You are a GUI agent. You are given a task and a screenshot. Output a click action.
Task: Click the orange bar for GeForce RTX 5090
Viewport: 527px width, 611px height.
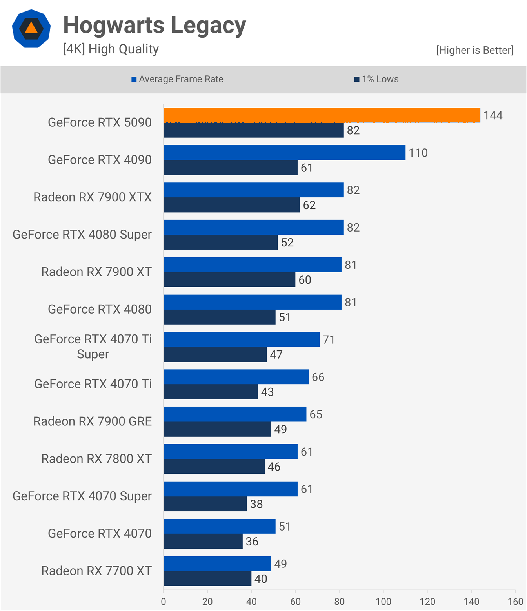click(x=322, y=115)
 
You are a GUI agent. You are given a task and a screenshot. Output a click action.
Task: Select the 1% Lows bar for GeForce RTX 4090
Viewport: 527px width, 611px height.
click(x=231, y=168)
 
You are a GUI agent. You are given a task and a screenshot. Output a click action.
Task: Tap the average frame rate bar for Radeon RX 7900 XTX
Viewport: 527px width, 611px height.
click(x=254, y=190)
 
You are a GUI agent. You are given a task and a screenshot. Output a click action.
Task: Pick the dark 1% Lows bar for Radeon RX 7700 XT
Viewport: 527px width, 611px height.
click(x=207, y=579)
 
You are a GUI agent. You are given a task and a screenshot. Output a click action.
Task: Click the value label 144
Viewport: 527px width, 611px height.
click(x=493, y=115)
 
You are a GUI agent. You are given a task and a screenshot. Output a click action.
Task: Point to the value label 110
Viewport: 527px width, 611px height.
click(x=418, y=153)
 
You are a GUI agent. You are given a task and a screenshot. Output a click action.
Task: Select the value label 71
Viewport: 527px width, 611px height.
click(x=329, y=339)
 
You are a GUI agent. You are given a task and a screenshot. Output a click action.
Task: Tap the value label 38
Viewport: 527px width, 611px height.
click(x=256, y=504)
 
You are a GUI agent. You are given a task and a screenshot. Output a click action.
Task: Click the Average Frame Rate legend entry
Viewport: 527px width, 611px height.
click(x=177, y=79)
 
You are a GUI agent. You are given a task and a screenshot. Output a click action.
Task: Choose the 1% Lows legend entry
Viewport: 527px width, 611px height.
click(x=376, y=79)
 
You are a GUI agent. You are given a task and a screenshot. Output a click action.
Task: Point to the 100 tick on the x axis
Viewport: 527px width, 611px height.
click(x=383, y=602)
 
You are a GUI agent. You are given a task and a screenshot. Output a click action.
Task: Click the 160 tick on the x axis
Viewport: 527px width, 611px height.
click(x=515, y=602)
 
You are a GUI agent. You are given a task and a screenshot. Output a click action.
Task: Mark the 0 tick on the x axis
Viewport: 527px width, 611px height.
click(x=164, y=602)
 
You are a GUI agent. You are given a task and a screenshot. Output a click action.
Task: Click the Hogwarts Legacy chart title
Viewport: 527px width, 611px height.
click(x=154, y=25)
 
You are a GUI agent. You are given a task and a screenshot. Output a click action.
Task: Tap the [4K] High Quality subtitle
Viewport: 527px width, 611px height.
click(x=111, y=49)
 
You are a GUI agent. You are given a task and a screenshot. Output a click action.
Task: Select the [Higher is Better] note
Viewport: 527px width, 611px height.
click(x=474, y=50)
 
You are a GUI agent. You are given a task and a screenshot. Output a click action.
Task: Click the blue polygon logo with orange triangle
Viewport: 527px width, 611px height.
click(x=31, y=29)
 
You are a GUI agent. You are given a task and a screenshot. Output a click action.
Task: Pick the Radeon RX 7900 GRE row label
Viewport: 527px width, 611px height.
click(x=93, y=421)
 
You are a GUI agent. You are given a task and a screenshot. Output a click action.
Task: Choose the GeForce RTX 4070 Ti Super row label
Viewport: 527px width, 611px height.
click(x=93, y=347)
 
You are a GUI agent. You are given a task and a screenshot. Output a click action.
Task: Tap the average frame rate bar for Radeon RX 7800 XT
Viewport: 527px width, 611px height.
click(x=231, y=451)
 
